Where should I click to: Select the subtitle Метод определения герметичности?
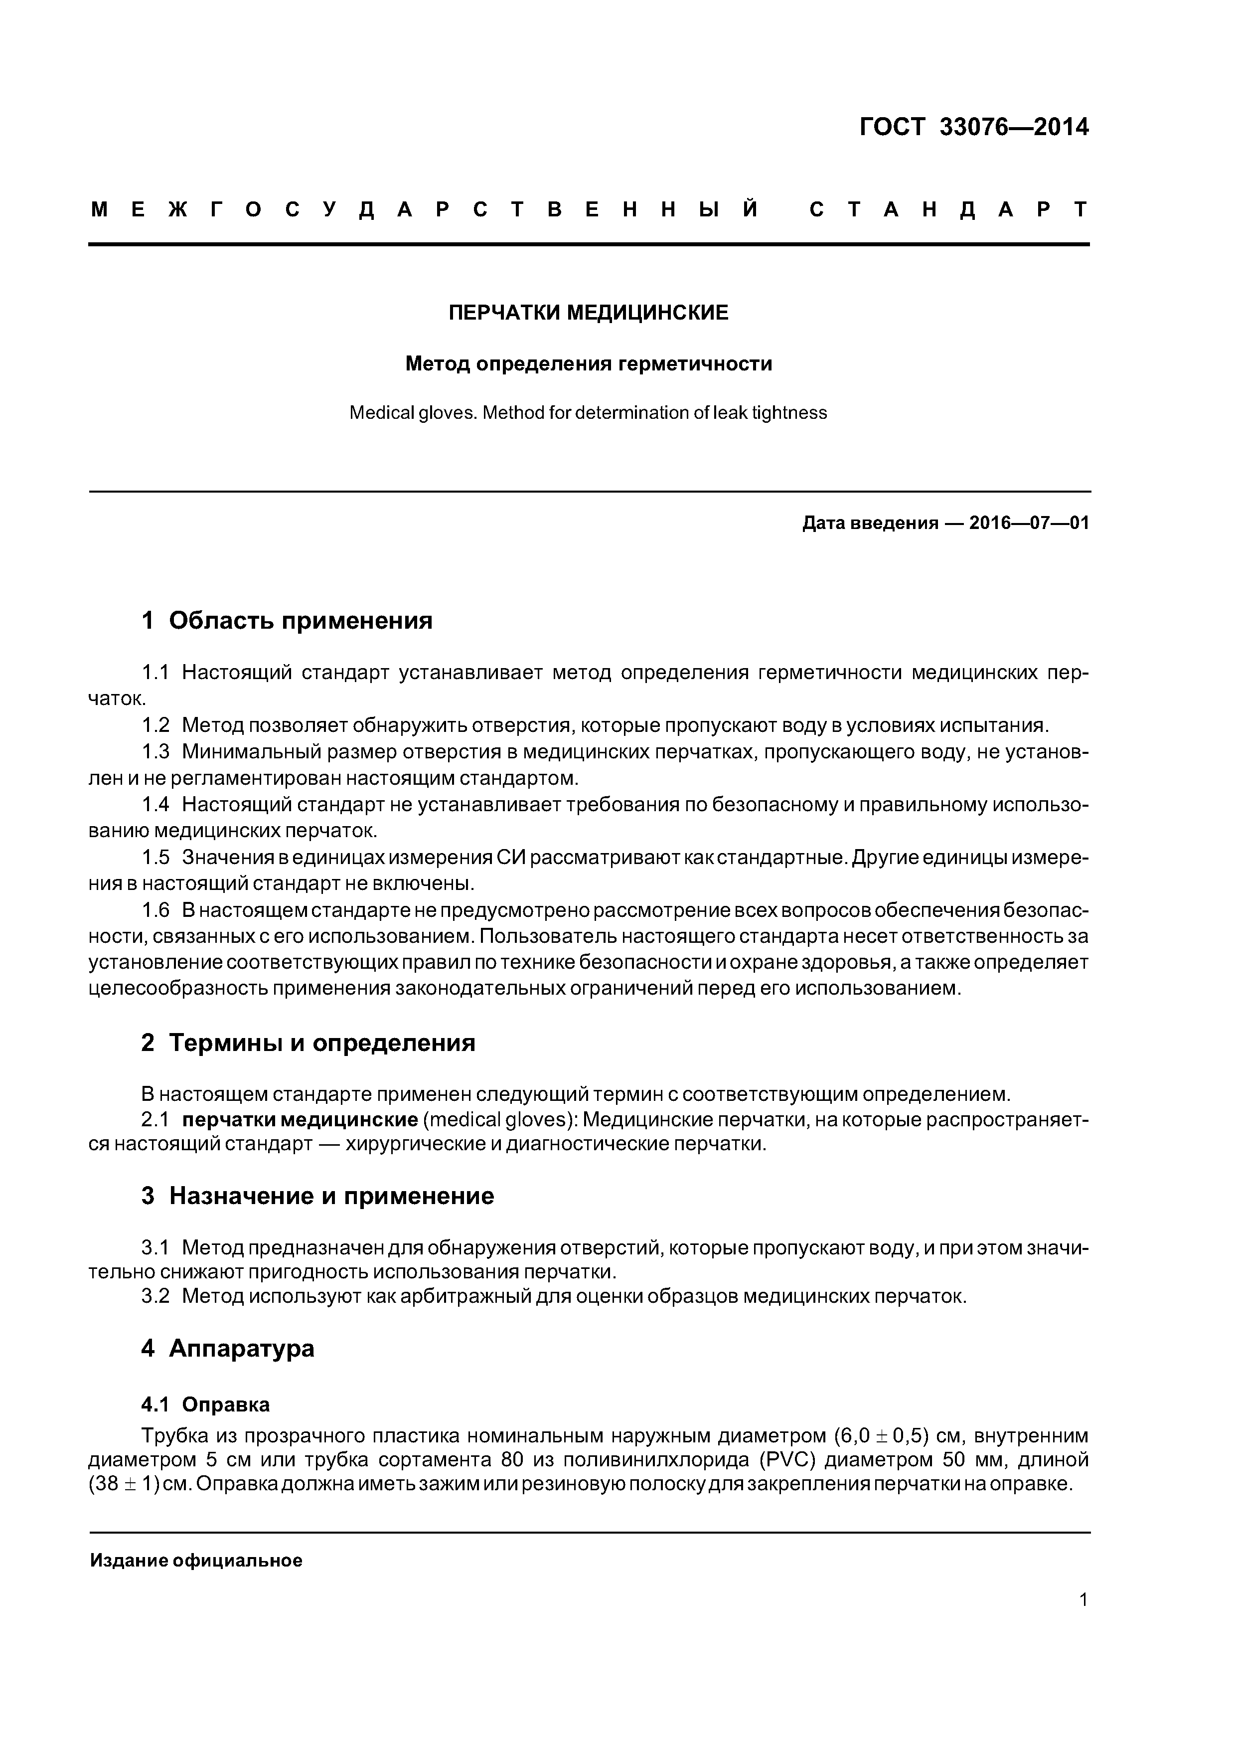pyautogui.click(x=588, y=364)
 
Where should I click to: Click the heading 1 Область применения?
pyautogui.click(x=287, y=621)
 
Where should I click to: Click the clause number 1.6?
pyautogui.click(x=155, y=910)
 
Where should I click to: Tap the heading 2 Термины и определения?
pyautogui.click(x=308, y=1043)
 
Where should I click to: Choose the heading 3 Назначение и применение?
pyautogui.click(x=317, y=1196)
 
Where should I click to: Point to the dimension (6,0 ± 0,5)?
pyautogui.click(x=880, y=1436)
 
